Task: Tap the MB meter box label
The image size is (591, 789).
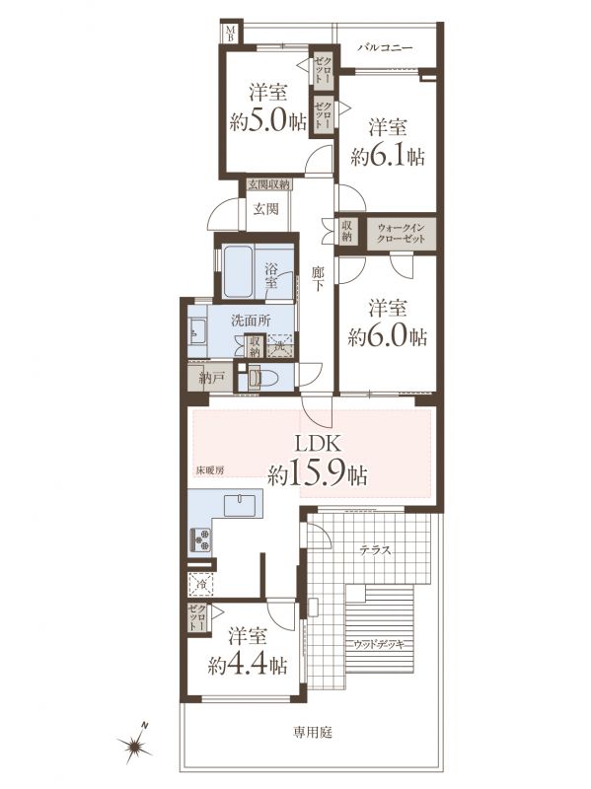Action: [x=230, y=34]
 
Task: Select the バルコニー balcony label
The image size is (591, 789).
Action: [x=385, y=48]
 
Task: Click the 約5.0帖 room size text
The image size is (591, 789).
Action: [x=267, y=121]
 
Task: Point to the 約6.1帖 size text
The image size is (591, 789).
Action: [x=387, y=157]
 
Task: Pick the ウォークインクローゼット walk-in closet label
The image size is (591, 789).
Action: [x=402, y=234]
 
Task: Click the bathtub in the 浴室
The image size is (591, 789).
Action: [x=238, y=272]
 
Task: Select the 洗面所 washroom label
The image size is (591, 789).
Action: [x=252, y=320]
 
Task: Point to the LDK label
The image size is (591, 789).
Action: [x=318, y=445]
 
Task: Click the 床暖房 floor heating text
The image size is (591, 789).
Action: [x=209, y=471]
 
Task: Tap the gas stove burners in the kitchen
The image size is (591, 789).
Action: [x=200, y=538]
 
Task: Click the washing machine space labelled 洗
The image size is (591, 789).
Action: [x=281, y=346]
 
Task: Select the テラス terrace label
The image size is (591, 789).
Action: [x=376, y=549]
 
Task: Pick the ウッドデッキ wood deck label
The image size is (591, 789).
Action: [x=379, y=645]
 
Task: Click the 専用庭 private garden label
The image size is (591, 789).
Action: [x=313, y=732]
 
